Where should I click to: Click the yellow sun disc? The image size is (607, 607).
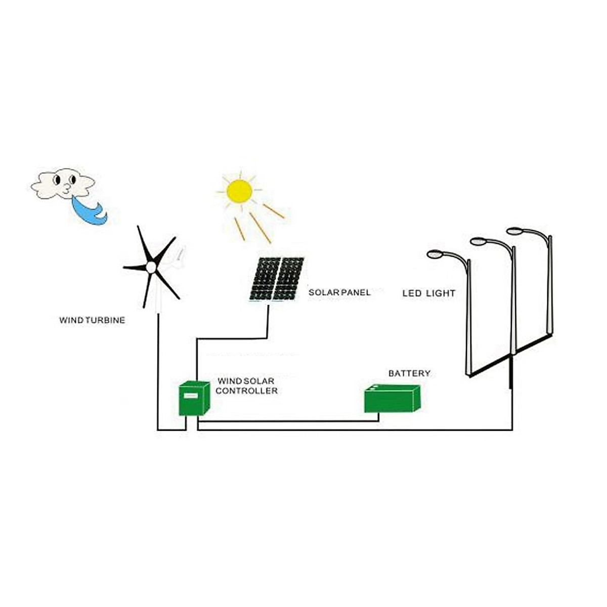coord(239,191)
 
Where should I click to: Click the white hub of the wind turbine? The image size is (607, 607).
coord(150,267)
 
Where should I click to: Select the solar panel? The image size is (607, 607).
coord(277,279)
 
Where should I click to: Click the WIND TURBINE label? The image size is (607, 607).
coord(92,320)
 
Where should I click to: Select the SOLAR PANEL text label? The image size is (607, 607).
coord(339,292)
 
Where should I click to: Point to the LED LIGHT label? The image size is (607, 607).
coord(429,293)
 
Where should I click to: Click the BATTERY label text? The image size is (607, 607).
coord(409,373)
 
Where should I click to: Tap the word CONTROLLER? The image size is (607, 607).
coord(246,391)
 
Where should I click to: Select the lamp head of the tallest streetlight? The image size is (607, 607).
coord(514,231)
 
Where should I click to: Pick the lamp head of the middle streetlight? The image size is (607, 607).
coord(478,241)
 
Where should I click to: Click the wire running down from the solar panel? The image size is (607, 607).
coord(267,319)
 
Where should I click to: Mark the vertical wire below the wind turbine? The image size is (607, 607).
coord(158,374)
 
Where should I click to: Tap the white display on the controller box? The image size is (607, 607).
coord(191,396)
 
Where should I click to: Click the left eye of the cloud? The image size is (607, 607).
coord(57,179)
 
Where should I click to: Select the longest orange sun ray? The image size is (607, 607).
coord(260,227)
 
